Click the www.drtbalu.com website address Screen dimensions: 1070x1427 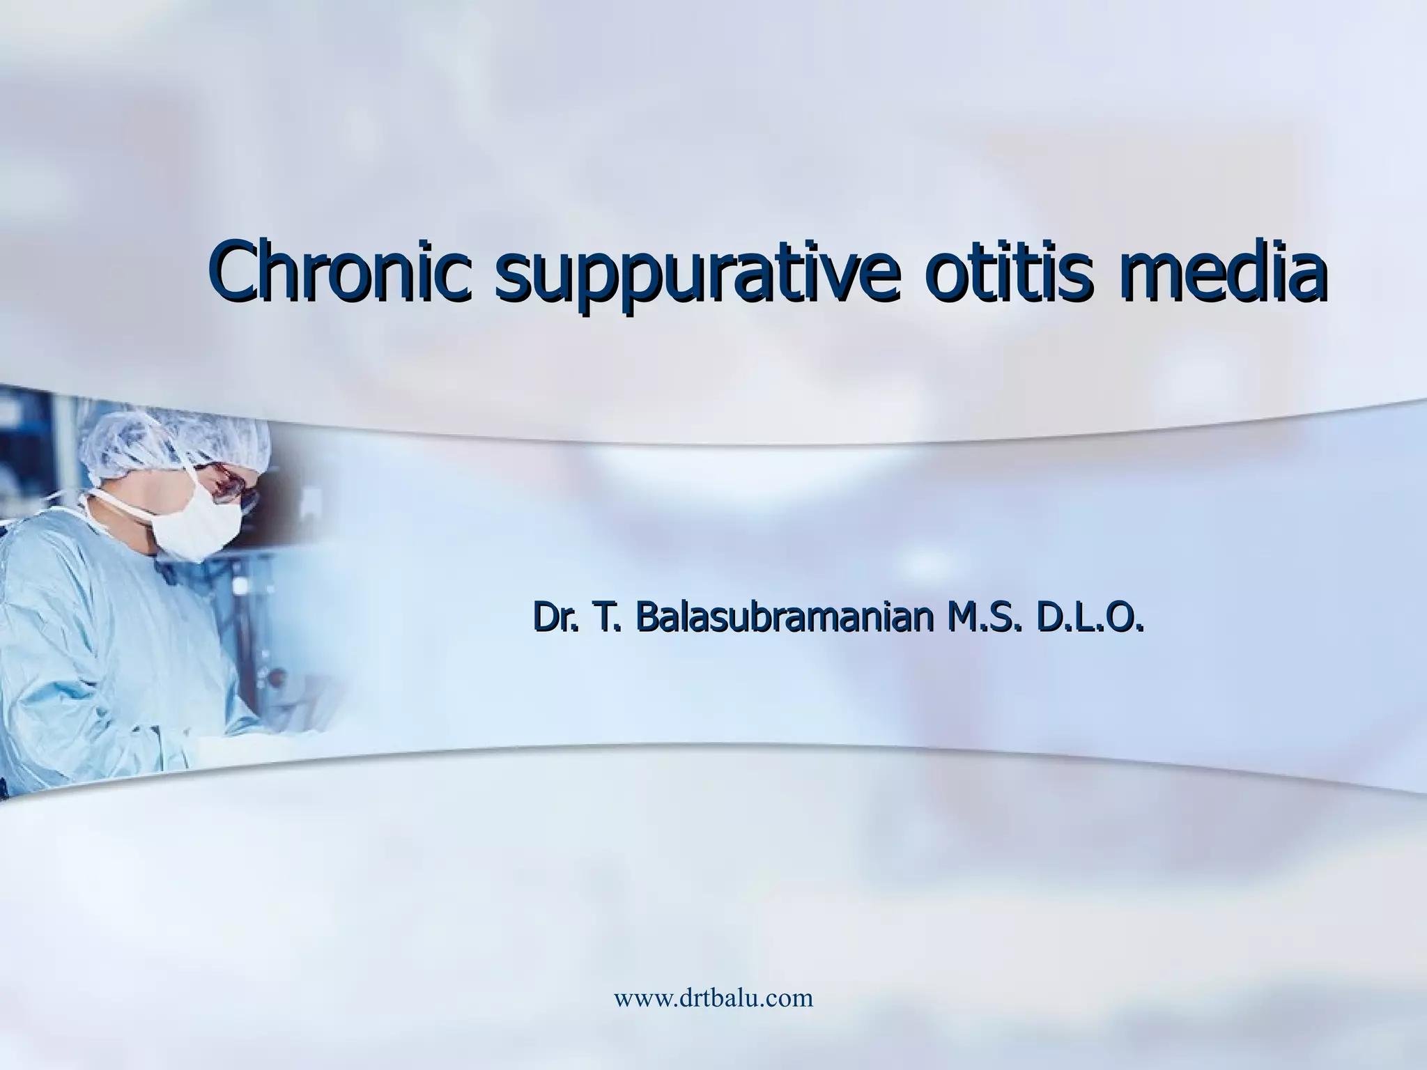pyautogui.click(x=713, y=998)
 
